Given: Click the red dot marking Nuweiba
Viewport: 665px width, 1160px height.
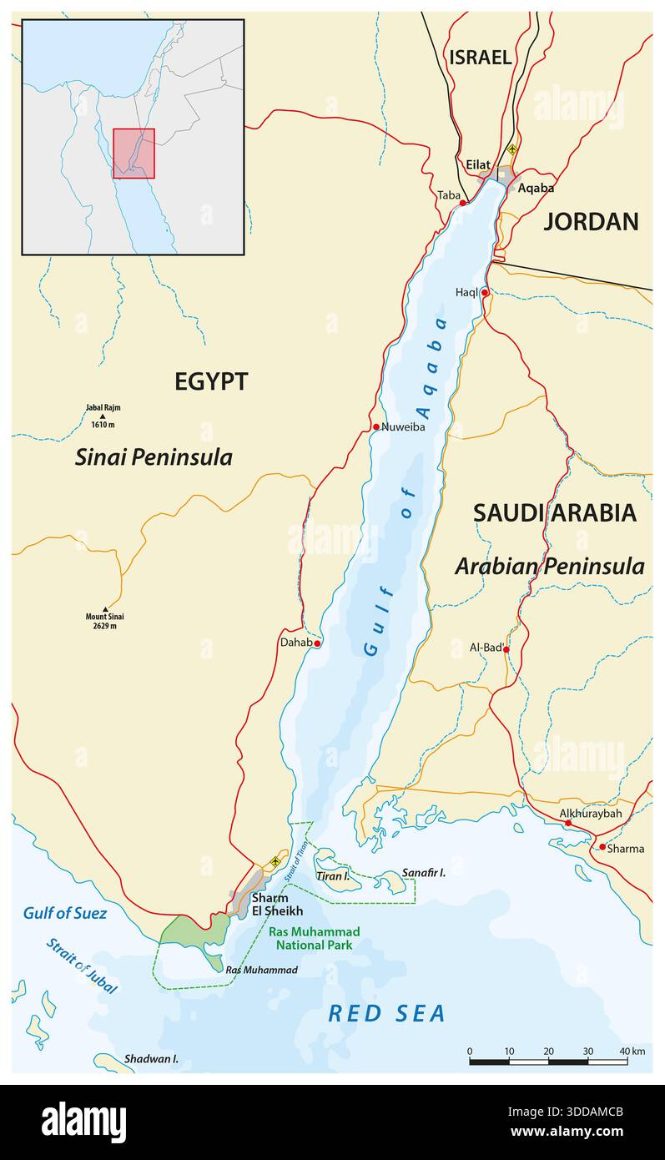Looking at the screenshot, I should point(376,426).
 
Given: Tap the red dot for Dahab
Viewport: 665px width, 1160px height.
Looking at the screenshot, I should point(317,643).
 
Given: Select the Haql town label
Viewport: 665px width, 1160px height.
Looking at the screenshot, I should point(466,292).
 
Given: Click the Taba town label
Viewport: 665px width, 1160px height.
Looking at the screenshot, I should point(448,195).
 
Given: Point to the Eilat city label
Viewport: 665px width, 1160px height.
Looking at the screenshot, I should point(478,165).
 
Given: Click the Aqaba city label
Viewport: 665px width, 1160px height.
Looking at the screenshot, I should point(536,188).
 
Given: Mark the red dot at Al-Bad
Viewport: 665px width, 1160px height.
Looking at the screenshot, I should point(506,648).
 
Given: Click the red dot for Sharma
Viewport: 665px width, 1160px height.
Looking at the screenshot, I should point(602,847).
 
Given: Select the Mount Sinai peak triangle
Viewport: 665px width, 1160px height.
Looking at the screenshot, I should point(105,609).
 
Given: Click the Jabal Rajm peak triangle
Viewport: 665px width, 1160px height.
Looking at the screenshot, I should point(103,416).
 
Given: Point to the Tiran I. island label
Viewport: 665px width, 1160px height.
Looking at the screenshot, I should point(332,876).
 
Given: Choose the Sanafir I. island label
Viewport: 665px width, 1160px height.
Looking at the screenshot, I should point(424,872).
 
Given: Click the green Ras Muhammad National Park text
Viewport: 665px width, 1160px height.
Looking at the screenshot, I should point(314,938).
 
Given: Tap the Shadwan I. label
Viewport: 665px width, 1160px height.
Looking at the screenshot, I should point(151,1059).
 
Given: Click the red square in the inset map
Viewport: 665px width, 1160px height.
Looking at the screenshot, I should point(134,154).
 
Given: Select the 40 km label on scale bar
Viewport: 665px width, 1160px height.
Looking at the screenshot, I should point(632,1051).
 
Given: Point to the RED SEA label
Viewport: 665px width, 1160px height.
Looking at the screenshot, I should point(386,1013).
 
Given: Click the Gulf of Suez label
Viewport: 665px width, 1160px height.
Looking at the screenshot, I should point(65,913).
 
